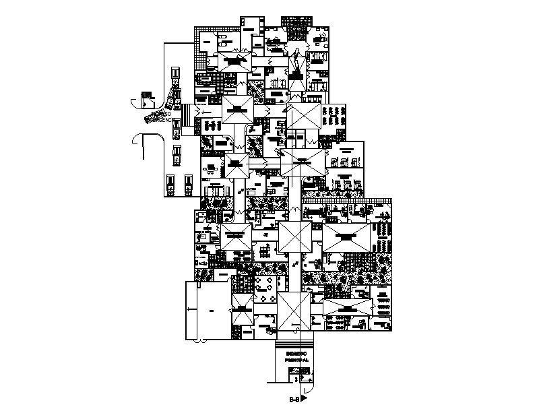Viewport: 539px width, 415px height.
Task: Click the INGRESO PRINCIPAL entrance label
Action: pos(296,356)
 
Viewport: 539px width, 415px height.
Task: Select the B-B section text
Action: pos(293,400)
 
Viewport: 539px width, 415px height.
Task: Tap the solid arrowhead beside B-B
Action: pos(303,399)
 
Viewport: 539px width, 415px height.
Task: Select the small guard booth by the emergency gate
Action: pos(144,100)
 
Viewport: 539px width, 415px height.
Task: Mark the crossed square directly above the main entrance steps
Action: pos(294,311)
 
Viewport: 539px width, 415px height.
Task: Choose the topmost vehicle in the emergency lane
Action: pos(175,73)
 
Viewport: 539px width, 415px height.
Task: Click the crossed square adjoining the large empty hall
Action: pos(241,311)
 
